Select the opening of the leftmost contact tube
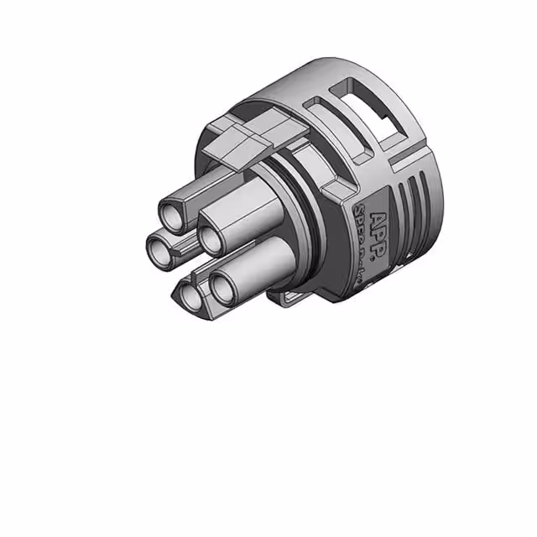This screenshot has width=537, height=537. (159, 247)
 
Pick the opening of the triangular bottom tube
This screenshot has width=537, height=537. (190, 295)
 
